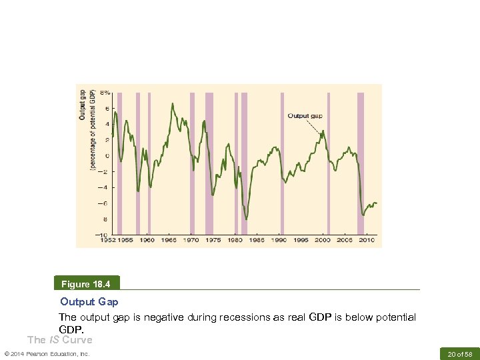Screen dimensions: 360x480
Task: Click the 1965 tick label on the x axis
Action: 169,240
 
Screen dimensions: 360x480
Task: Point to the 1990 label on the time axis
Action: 278,240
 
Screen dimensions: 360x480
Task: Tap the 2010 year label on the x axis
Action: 366,240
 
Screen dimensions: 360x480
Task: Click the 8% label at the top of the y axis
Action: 105,92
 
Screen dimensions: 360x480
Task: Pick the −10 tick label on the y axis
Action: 105,235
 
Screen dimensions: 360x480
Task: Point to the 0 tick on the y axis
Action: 107,155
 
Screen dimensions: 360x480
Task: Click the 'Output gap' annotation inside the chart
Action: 305,115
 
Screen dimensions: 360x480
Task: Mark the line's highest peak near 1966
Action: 173,104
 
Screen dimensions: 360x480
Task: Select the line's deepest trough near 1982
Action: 246,219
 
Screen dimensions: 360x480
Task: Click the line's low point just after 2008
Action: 363,215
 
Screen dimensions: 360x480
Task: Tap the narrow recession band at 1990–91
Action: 282,163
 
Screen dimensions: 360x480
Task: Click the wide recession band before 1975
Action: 209,163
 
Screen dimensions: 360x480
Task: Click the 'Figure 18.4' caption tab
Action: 88,284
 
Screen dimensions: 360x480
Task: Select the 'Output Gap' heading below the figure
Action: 89,302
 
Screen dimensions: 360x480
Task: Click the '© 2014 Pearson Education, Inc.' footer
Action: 47,353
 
